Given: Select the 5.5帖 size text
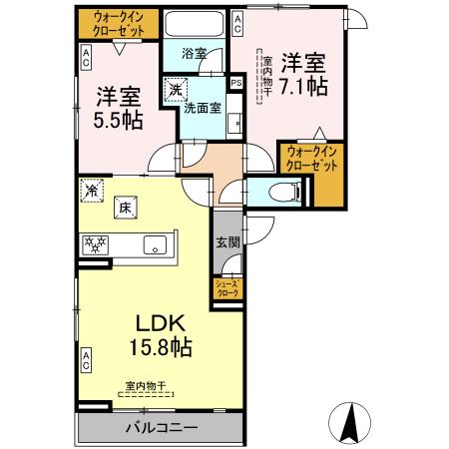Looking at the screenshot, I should pyautogui.click(x=119, y=120).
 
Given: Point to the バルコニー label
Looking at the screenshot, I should pyautogui.click(x=161, y=428).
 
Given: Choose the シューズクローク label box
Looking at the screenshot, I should pyautogui.click(x=225, y=289).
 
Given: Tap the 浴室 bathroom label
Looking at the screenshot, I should pyautogui.click(x=195, y=54).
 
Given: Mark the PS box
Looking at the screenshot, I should pyautogui.click(x=236, y=83).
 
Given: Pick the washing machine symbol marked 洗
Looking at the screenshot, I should pyautogui.click(x=176, y=90).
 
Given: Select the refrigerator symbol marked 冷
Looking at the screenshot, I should pyautogui.click(x=93, y=189).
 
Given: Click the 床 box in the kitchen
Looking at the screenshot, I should pyautogui.click(x=127, y=209).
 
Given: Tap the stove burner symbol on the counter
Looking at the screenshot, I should pyautogui.click(x=96, y=242).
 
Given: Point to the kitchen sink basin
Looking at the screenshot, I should pyautogui.click(x=157, y=244).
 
